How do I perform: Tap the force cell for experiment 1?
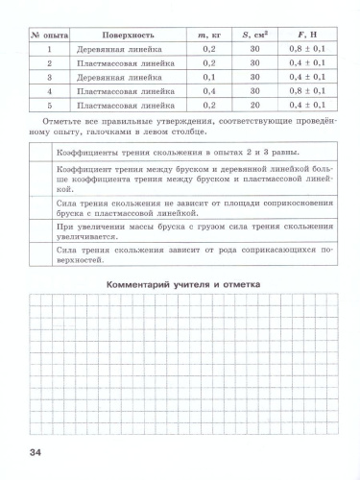click(x=305, y=46)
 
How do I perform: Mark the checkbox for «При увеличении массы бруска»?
click(x=39, y=230)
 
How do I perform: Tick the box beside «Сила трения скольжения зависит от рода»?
click(x=39, y=253)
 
